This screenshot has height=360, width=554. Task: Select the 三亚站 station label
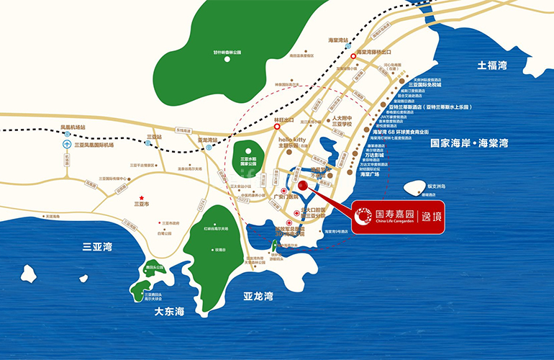coord(153,135)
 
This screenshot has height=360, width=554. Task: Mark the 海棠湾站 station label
coord(337,40)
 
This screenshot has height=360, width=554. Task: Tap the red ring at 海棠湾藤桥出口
coord(353,53)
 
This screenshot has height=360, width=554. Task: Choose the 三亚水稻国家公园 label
coord(250,161)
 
